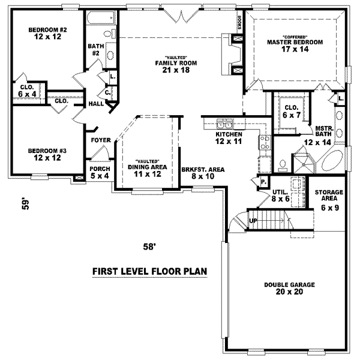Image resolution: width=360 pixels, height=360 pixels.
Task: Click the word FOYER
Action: click(x=100, y=140)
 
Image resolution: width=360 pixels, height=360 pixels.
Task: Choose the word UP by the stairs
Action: click(x=253, y=220)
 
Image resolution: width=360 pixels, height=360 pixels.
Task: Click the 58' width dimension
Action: click(x=149, y=246)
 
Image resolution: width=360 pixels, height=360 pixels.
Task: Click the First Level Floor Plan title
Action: click(x=149, y=271)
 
